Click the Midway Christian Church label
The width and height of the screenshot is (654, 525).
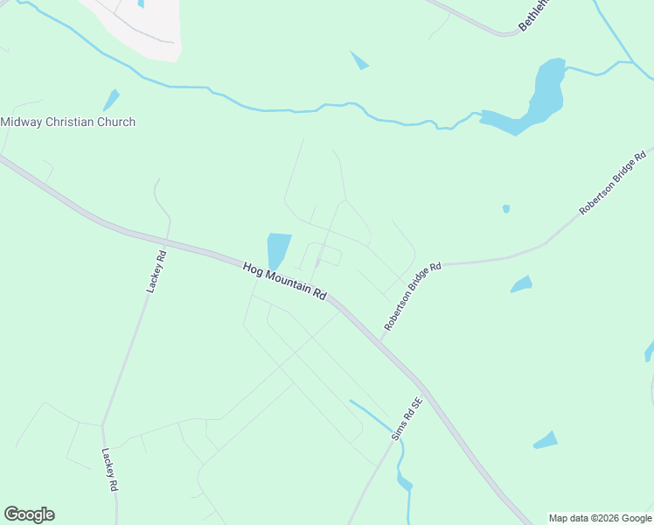click(68, 122)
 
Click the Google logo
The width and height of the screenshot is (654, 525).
click(29, 514)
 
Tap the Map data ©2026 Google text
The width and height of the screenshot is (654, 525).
click(601, 518)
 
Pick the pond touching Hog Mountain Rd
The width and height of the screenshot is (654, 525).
click(278, 250)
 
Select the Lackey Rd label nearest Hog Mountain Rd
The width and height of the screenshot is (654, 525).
click(156, 272)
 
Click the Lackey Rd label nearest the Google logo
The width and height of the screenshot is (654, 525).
click(109, 472)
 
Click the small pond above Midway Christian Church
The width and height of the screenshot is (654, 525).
click(110, 100)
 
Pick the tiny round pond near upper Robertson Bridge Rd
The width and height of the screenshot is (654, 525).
click(506, 208)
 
